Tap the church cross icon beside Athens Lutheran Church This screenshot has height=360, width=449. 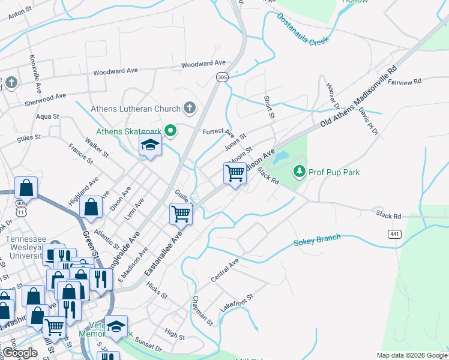190,109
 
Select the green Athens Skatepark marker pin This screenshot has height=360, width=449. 170,130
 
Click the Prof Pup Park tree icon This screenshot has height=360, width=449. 300,172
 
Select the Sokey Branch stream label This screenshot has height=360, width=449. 317,241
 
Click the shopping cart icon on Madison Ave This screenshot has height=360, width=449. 235,173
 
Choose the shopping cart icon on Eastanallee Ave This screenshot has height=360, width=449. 181,213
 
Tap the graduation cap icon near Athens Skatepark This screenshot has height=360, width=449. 150,145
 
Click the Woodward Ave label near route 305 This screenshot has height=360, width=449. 203,64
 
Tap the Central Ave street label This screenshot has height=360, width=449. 225,271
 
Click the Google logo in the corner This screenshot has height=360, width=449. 19,353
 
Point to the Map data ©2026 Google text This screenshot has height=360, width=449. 411,355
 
